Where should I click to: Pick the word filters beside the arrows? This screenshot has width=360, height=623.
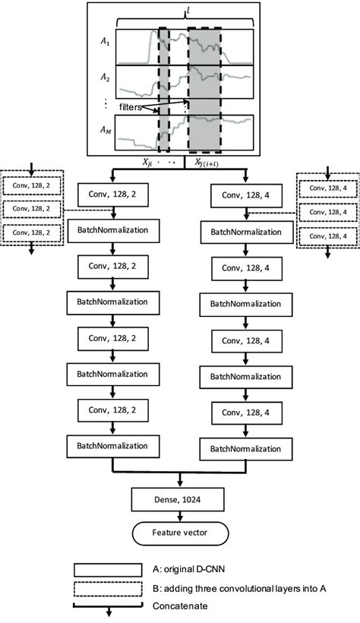(132, 106)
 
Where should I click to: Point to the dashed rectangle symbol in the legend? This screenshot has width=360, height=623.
(108, 589)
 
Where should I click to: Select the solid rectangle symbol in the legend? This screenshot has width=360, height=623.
(108, 569)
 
